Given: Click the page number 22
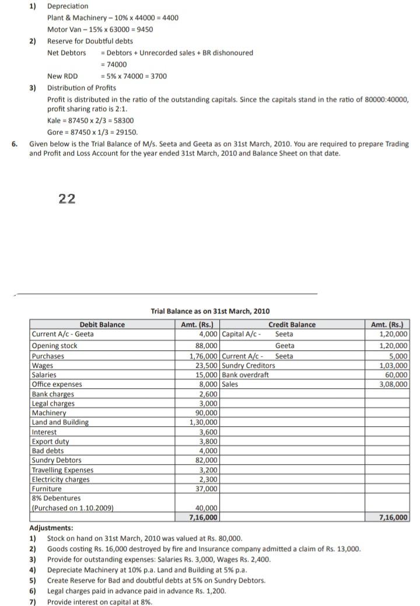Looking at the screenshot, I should [x=67, y=199].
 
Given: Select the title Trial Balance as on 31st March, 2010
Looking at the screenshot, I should [x=210, y=311].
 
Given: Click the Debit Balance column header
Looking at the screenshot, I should [x=102, y=325].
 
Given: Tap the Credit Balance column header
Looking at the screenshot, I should [x=292, y=325].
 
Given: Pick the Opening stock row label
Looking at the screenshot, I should [x=54, y=346].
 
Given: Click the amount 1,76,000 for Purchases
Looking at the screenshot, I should [x=205, y=356].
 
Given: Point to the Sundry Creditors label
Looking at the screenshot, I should [x=249, y=365].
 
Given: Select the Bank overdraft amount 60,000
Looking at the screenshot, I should [x=396, y=375].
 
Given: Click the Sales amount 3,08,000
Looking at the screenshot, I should [x=395, y=384].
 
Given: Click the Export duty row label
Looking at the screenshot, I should [x=50, y=441].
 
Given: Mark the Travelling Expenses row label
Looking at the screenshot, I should [x=62, y=470].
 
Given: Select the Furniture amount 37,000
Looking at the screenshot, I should [x=208, y=489].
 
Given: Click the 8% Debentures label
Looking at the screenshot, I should [x=56, y=498].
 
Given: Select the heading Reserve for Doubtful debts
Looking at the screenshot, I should [x=90, y=41].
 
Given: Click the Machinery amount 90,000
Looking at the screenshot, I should [x=208, y=413].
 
